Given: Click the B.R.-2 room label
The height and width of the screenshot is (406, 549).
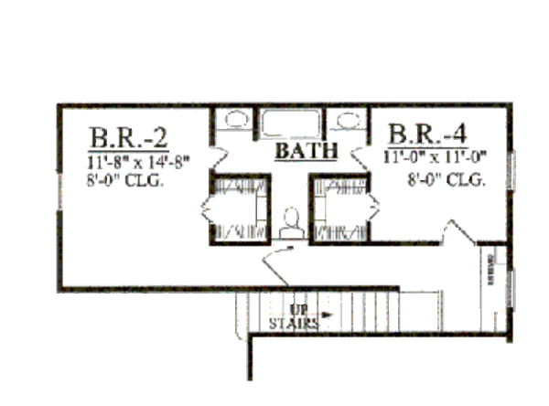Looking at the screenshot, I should (128, 138).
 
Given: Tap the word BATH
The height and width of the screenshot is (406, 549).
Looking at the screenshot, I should (307, 149).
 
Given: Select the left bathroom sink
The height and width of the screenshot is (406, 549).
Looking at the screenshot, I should (238, 120).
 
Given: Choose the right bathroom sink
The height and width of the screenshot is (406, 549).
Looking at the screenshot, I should (347, 120).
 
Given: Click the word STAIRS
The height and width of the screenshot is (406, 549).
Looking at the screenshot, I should (293, 324).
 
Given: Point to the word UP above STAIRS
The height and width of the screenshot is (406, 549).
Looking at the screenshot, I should (299, 309).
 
